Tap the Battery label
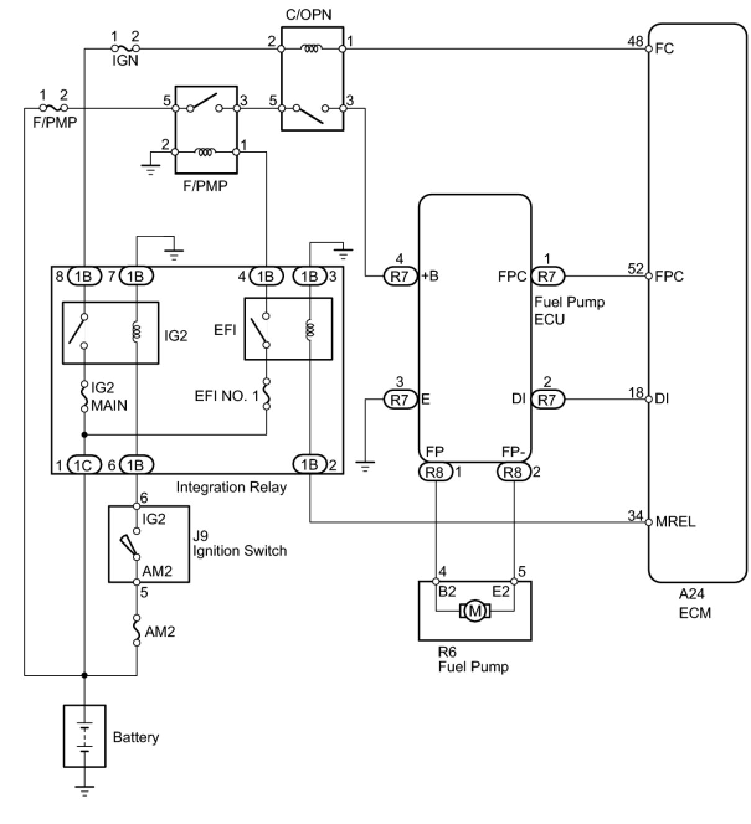[x=136, y=737]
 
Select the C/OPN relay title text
[x=308, y=15]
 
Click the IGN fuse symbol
[x=125, y=48]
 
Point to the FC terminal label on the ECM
[x=664, y=48]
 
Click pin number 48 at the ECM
[x=635, y=42]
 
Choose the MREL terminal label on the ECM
[x=675, y=522]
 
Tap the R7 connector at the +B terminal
[x=400, y=276]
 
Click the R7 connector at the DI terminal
[x=547, y=399]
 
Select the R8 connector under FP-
[x=513, y=472]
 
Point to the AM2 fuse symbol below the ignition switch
[x=137, y=630]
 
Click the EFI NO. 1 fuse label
[x=227, y=396]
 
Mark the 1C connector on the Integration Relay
[x=84, y=465]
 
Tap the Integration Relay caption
[x=232, y=487]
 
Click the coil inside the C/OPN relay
[x=312, y=49]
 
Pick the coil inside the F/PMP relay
[x=205, y=152]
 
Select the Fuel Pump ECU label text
[x=569, y=310]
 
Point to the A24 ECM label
[x=695, y=603]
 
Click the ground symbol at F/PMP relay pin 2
[x=150, y=168]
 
